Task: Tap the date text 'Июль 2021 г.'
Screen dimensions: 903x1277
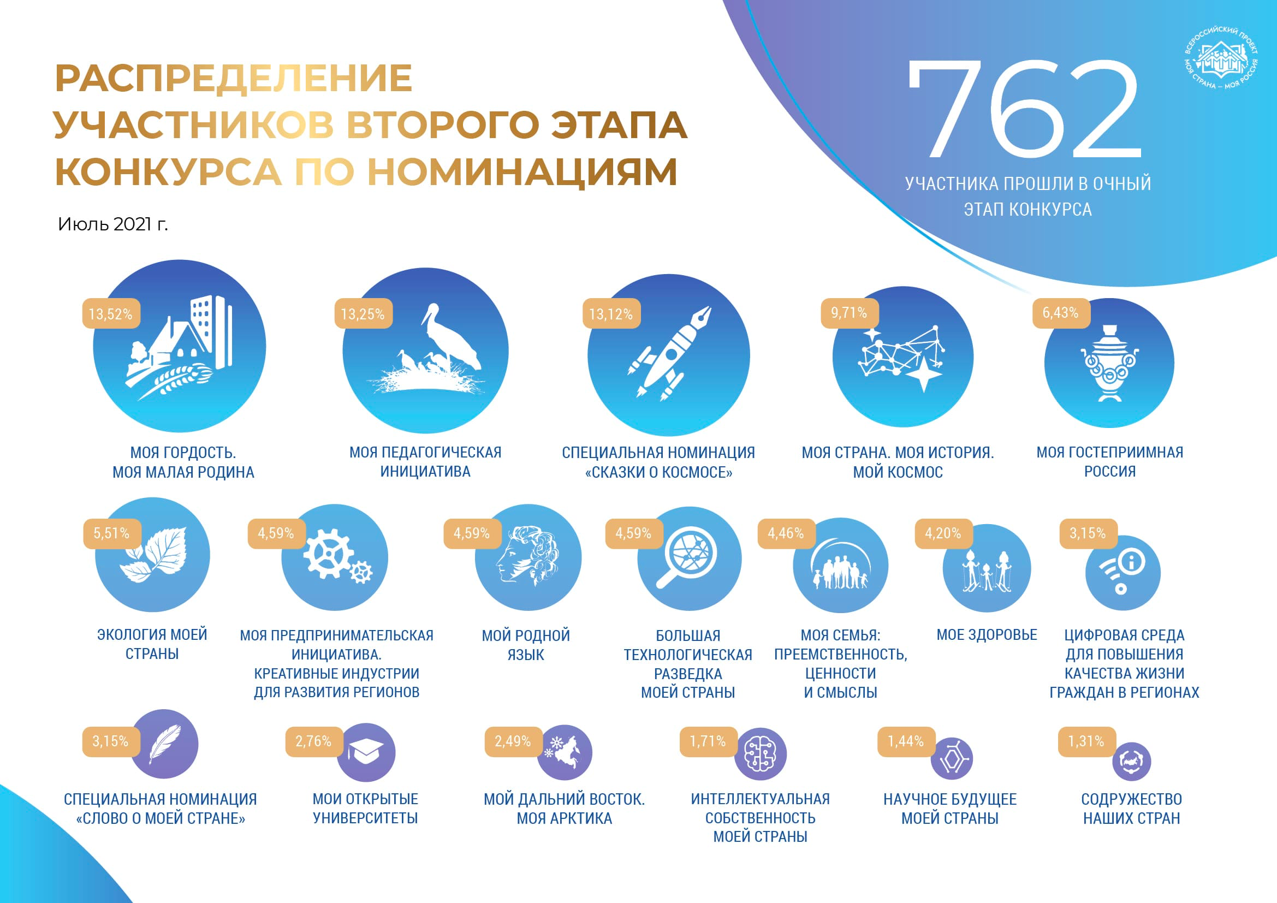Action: pyautogui.click(x=113, y=224)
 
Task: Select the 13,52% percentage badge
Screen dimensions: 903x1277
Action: pyautogui.click(x=111, y=314)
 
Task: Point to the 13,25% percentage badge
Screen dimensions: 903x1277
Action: pyautogui.click(x=363, y=314)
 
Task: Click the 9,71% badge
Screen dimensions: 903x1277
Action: pyautogui.click(x=850, y=313)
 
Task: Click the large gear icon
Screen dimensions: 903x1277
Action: pyautogui.click(x=328, y=554)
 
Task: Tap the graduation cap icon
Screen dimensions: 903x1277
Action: pyautogui.click(x=366, y=752)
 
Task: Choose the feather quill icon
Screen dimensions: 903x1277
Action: pyautogui.click(x=165, y=744)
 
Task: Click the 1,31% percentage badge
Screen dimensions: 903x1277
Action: pyautogui.click(x=1086, y=741)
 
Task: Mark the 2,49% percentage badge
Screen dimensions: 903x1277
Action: pyautogui.click(x=513, y=741)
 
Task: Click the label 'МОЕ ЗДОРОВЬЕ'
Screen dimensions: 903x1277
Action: pyautogui.click(x=987, y=635)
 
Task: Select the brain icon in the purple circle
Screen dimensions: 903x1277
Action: pyautogui.click(x=761, y=754)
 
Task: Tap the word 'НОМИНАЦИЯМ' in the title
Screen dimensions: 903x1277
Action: pyautogui.click(x=522, y=172)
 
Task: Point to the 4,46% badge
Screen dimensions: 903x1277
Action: pyautogui.click(x=786, y=534)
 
